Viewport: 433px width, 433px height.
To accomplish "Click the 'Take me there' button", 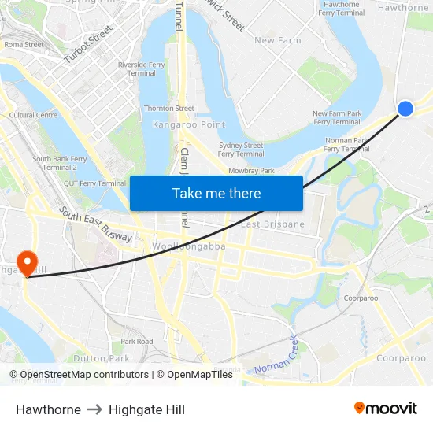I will pos(216,194).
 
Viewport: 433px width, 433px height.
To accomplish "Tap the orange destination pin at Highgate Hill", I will pos(28,262).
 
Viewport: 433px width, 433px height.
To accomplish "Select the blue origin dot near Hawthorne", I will pos(405,109).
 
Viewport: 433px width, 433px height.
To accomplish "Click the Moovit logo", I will pos(386,409).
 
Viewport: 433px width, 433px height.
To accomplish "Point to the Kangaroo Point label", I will pos(189,124).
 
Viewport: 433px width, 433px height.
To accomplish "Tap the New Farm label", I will pos(277,40).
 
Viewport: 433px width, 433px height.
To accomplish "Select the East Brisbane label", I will pos(272,224).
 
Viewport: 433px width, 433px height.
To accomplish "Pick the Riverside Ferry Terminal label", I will pos(142,68).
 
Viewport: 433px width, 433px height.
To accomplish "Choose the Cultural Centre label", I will pos(33,115).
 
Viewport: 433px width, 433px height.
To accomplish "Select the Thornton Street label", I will pos(168,109).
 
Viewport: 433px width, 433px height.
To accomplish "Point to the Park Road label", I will pos(137,342).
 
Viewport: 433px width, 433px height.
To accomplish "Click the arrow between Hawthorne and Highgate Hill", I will pos(94,409).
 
